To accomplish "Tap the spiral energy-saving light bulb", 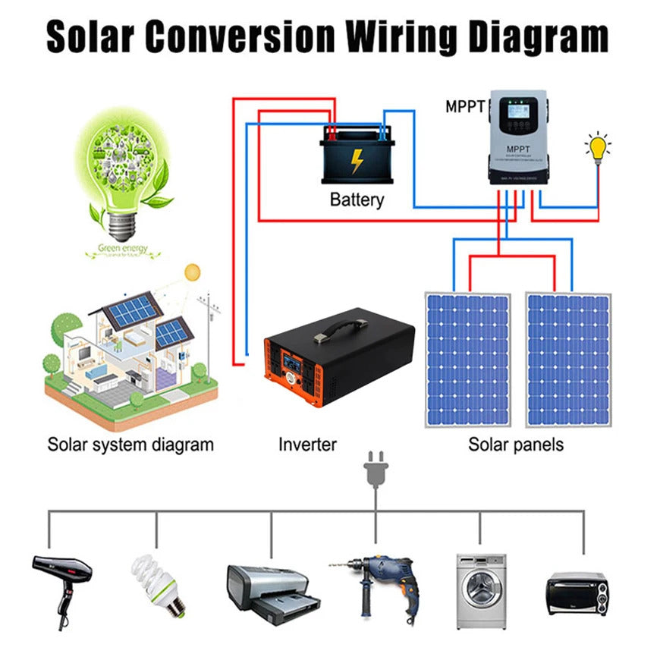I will click(159, 582).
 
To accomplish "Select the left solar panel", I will click(467, 359).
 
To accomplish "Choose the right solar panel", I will click(569, 359).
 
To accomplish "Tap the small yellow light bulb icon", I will click(599, 146).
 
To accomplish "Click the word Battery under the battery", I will click(357, 200).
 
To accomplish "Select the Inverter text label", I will click(306, 444).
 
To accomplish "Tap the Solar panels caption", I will click(516, 444).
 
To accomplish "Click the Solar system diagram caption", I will click(130, 444).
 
